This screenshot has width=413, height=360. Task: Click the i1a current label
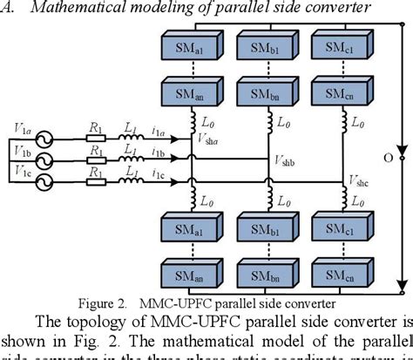click(x=158, y=131)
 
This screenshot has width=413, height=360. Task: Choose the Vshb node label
click(x=286, y=162)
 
